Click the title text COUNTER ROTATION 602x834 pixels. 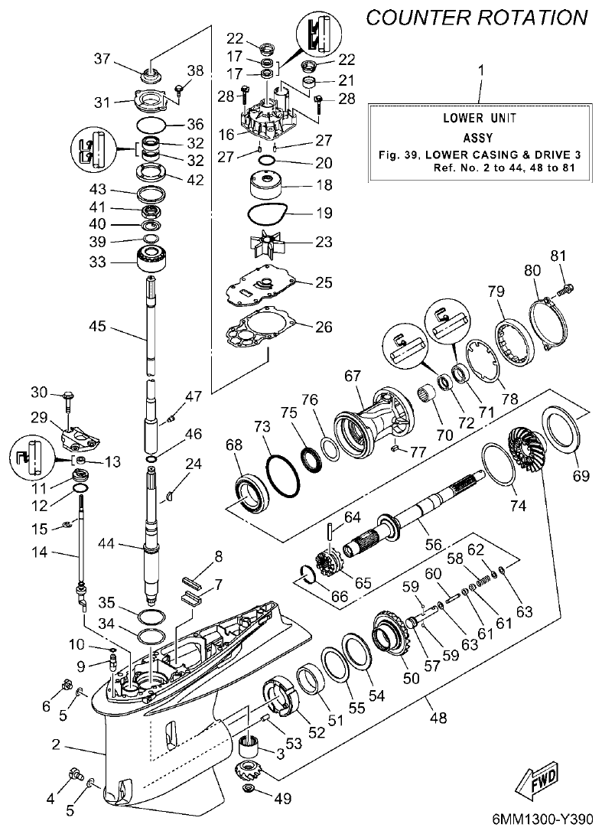point(478,17)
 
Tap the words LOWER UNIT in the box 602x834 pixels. point(480,118)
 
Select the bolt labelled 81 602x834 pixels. point(566,289)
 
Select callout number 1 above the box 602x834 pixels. point(480,72)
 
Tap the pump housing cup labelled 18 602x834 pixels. point(265,185)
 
